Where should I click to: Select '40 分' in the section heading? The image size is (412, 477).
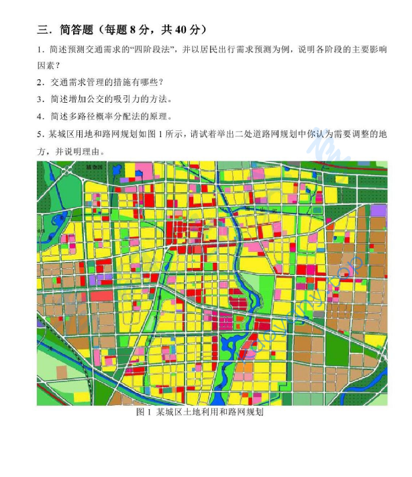pos(185,30)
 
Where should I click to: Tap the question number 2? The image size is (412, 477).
pos(40,83)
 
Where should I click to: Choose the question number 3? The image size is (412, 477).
pos(40,99)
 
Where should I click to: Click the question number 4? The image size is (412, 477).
pos(40,116)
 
